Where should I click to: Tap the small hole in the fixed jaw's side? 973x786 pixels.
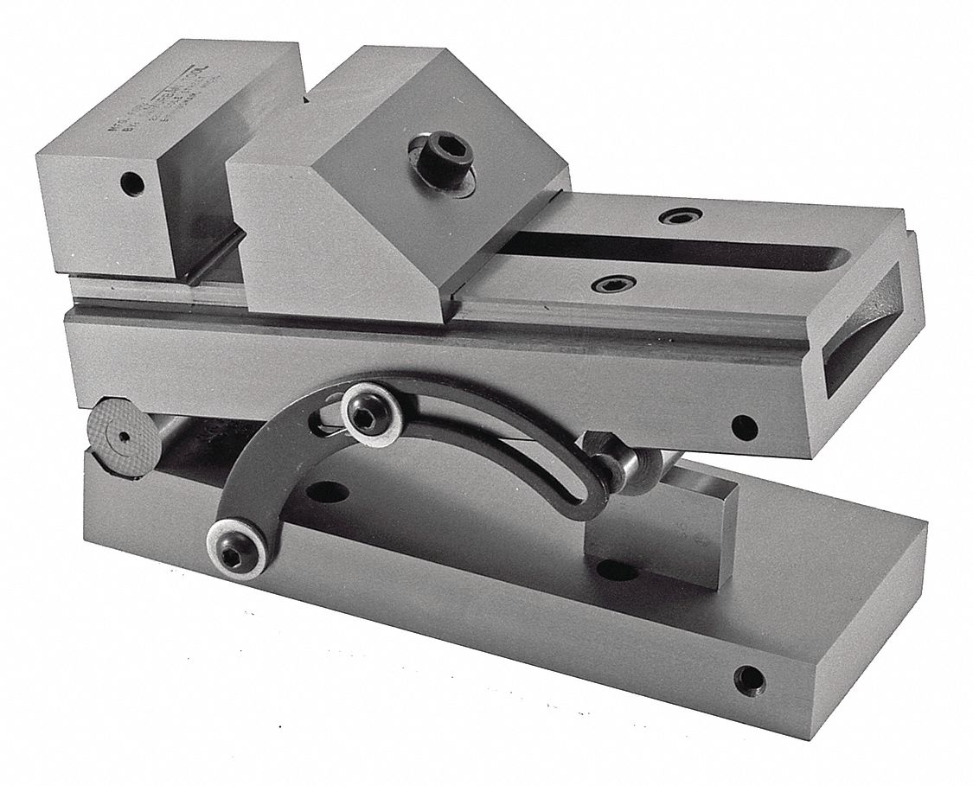coord(131,182)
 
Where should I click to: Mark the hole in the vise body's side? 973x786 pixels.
coord(743,426)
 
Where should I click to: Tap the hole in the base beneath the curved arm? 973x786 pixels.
coord(327,492)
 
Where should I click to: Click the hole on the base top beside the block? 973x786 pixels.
coord(617,571)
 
